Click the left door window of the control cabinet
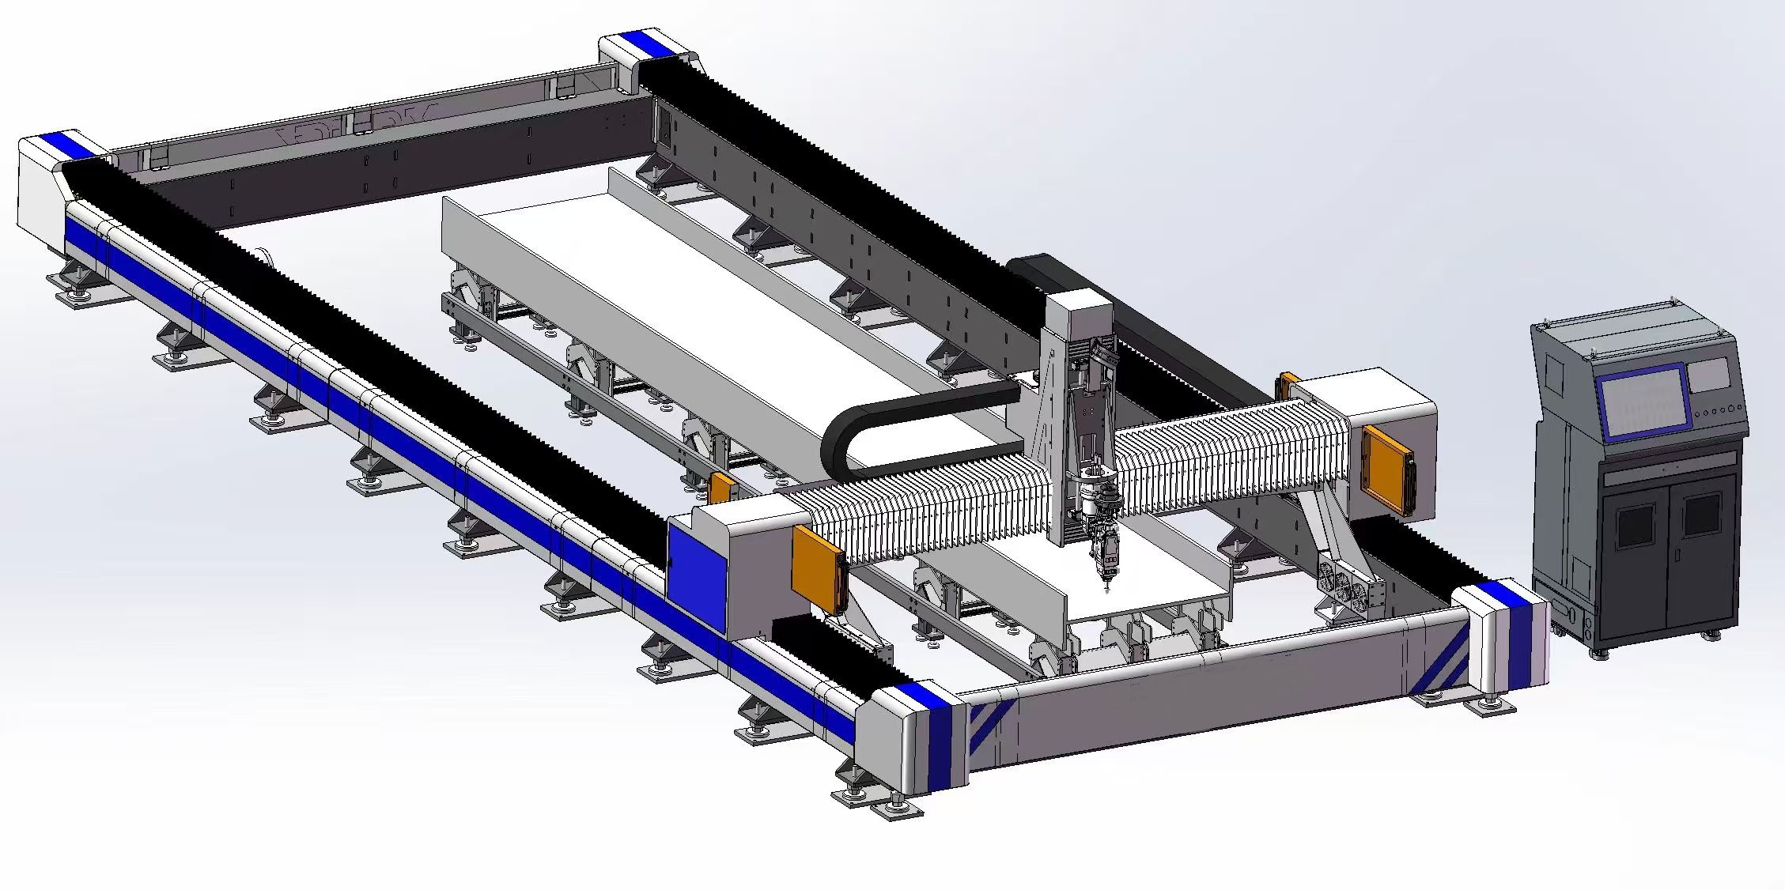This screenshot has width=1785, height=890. (x=1635, y=526)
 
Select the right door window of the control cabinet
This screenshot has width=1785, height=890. (x=1702, y=514)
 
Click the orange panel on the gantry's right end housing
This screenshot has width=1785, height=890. (x=1388, y=468)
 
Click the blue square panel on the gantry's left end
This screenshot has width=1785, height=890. (x=696, y=568)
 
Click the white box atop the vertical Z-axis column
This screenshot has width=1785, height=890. (x=1080, y=312)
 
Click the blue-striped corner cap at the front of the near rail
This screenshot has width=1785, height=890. (x=921, y=735)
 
